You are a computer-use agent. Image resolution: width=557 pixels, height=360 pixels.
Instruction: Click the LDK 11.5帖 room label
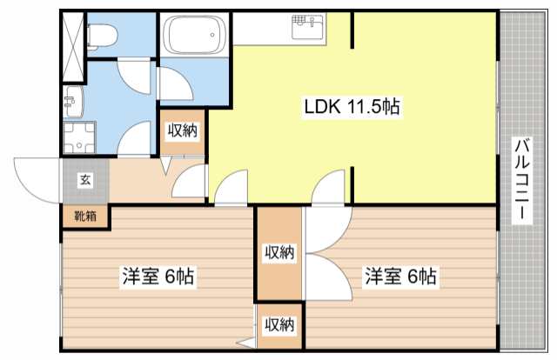[x=351, y=107]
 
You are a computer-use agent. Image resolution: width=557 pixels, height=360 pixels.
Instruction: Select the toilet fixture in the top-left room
[x=103, y=35]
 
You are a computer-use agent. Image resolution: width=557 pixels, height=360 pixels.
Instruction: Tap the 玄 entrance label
[x=85, y=180]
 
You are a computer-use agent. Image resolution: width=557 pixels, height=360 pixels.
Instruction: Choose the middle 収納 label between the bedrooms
[x=279, y=252]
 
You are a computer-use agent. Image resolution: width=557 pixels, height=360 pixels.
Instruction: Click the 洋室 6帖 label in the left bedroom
[x=158, y=277]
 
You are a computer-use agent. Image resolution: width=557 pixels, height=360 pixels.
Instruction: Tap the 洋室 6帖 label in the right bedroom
[x=400, y=277]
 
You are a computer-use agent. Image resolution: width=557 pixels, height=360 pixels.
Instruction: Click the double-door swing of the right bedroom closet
[x=326, y=252]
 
